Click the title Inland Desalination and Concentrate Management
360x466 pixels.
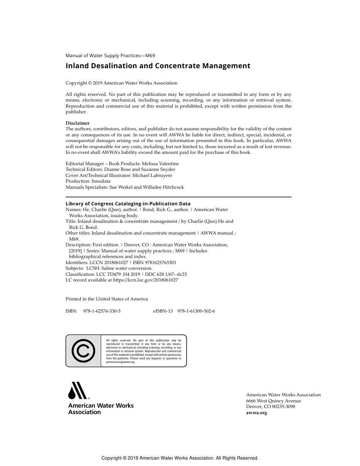[x=158, y=66]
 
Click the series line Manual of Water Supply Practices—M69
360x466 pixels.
[x=110, y=55]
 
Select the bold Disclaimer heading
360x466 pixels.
[x=78, y=123]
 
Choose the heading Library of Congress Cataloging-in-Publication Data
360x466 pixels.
[x=128, y=204]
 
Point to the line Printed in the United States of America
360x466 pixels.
[x=106, y=299]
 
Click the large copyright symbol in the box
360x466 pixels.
[x=83, y=351]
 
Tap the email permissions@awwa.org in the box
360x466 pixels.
[x=121, y=362]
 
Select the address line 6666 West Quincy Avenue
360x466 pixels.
[x=273, y=401]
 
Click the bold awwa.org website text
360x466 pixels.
[x=257, y=413]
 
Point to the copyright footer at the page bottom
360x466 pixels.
[x=180, y=458]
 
